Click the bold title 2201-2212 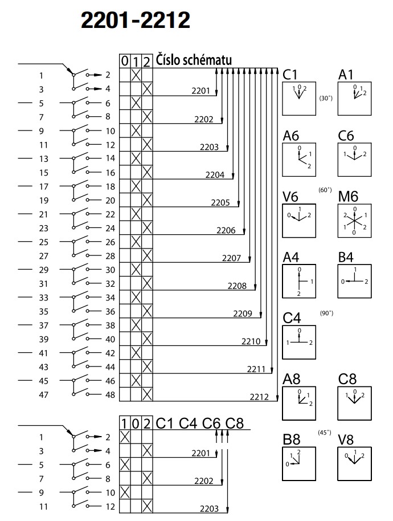coord(135,21)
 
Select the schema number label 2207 coord(231,258)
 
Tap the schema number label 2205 coord(220,202)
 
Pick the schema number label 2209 coord(243,314)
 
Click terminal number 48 coord(110,395)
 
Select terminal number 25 coord(44,242)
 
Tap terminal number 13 coord(44,158)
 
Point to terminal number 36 coord(110,311)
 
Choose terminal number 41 coord(44,353)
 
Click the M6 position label coord(349,197)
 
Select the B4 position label coord(346,258)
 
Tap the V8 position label coord(346,440)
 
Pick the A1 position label coord(346,75)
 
